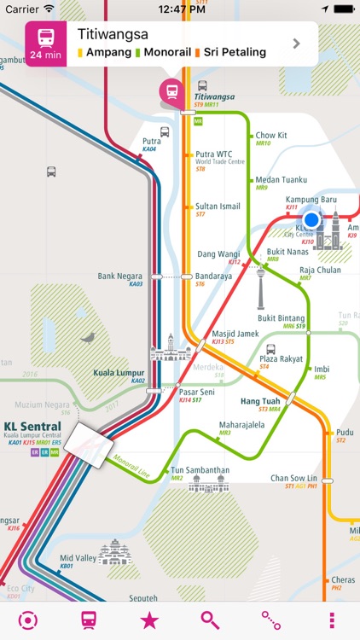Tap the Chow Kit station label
click(x=271, y=135)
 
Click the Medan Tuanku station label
click(x=281, y=179)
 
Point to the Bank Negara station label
click(x=118, y=276)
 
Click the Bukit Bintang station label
click(x=282, y=317)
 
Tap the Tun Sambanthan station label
click(x=201, y=470)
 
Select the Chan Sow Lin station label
click(x=294, y=478)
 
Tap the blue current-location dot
click(x=311, y=219)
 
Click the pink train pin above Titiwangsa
click(x=172, y=91)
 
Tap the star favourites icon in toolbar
click(x=149, y=620)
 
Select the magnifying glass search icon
click(x=210, y=620)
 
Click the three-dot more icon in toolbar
click(x=332, y=620)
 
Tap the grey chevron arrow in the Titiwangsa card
click(x=296, y=44)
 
